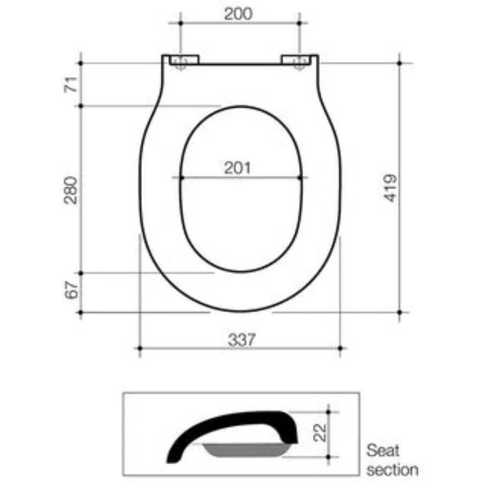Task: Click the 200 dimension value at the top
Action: tap(238, 14)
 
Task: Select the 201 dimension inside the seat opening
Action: tap(237, 168)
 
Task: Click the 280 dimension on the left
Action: tap(71, 190)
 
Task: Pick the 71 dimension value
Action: tap(71, 85)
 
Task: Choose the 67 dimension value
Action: tap(71, 289)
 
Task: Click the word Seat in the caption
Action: tap(383, 450)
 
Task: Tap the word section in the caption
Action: tap(392, 470)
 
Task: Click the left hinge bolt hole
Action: tap(180, 62)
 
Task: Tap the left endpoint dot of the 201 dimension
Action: tap(181, 177)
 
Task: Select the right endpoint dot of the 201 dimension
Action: tap(299, 177)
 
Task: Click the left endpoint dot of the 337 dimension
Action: tap(139, 349)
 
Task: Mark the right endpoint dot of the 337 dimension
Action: tap(341, 349)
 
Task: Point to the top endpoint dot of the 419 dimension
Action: tap(400, 63)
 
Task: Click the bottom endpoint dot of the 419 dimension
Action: tap(400, 312)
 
